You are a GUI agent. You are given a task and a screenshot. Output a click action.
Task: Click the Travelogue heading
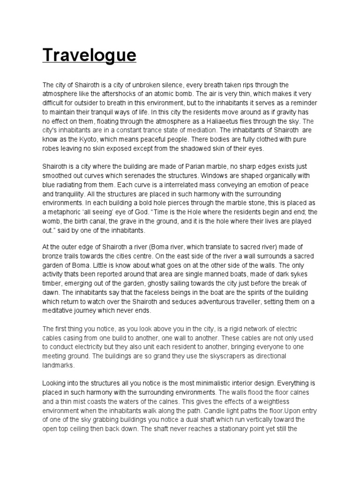click(x=90, y=55)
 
